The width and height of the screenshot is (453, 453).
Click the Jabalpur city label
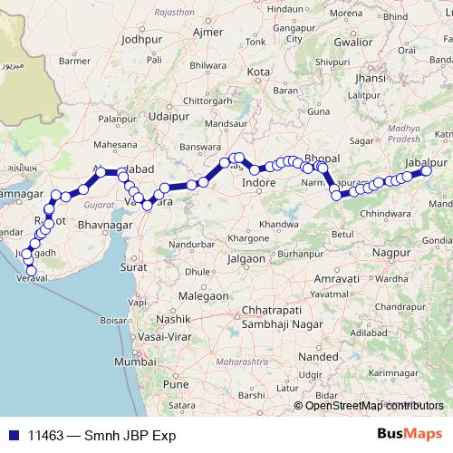click(416, 160)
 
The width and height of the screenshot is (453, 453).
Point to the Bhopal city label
click(322, 156)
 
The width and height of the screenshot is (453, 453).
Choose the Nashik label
click(171, 320)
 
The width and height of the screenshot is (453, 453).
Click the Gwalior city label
click(352, 41)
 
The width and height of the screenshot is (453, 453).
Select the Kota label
click(259, 72)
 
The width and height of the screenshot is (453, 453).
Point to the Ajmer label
click(208, 33)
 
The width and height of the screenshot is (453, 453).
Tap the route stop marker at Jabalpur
click(428, 170)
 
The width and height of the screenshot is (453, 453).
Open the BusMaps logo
click(409, 434)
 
